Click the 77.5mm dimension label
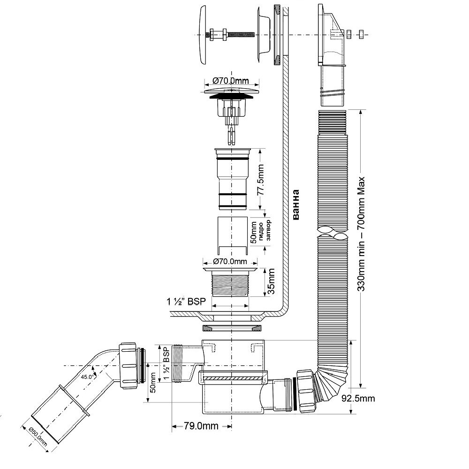[261, 180]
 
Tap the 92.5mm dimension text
[358, 398]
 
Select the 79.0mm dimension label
[201, 426]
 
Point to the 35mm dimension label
[271, 281]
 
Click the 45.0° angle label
[87, 377]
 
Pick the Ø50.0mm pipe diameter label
[38, 437]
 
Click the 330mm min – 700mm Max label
[361, 234]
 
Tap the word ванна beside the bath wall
[295, 204]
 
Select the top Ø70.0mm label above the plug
[231, 81]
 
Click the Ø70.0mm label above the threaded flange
[230, 261]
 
